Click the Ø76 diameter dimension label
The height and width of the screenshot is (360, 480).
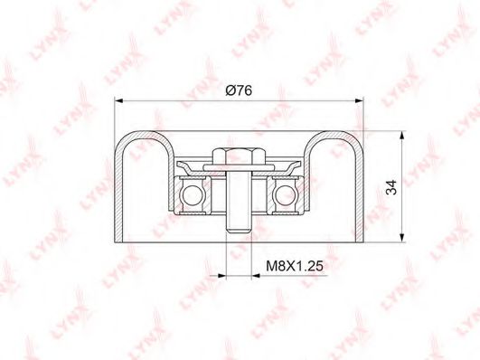click(x=239, y=90)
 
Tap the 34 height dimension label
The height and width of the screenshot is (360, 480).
click(x=391, y=187)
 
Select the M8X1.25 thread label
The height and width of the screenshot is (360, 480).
click(x=295, y=266)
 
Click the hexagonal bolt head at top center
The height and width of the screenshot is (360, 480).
click(x=239, y=156)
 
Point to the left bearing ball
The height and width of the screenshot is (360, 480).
click(x=193, y=195)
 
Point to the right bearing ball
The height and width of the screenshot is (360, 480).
click(x=285, y=195)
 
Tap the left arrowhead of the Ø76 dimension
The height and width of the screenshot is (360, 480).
click(x=118, y=100)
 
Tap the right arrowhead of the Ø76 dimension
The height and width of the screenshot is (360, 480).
click(x=359, y=100)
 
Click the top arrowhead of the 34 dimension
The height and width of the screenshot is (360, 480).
click(x=401, y=136)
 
